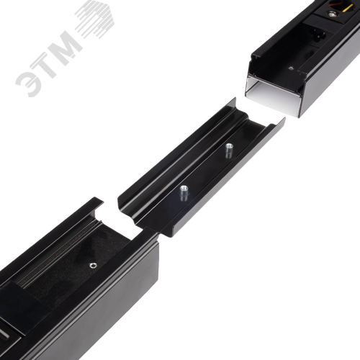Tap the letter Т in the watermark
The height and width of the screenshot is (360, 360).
pos(46,61)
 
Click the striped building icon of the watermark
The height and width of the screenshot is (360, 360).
pos(95,19)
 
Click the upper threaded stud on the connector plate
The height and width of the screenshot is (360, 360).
pos(229,150)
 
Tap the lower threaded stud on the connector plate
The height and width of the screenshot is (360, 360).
pos(184,194)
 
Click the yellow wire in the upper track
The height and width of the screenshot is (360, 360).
pos(347,8)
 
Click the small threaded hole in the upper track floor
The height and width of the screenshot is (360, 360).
pos(292,68)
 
